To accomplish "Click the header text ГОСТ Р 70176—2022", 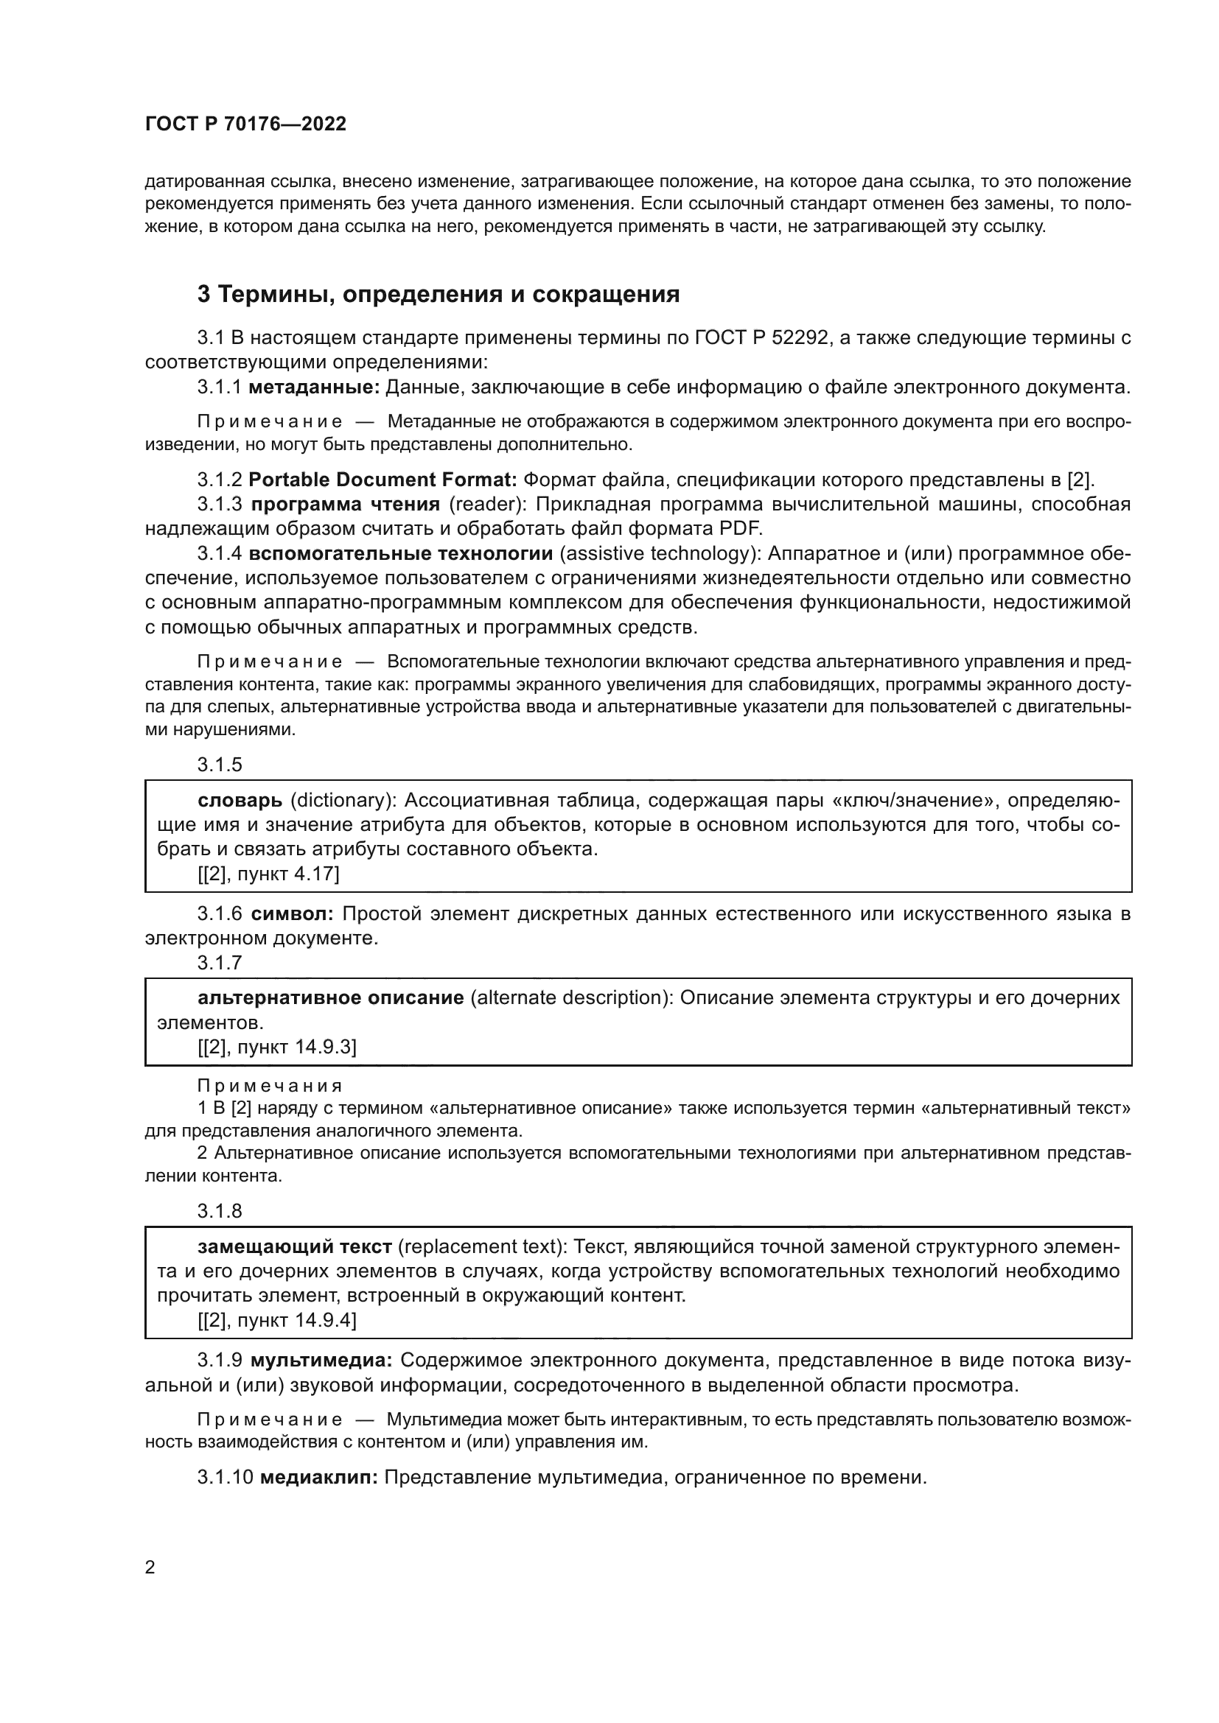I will pyautogui.click(x=245, y=124).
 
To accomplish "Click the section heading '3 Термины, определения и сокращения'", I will pyautogui.click(x=439, y=294).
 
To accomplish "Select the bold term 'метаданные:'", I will pyautogui.click(x=314, y=387).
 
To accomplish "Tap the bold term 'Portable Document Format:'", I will pyautogui.click(x=383, y=480).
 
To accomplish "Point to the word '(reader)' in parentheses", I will pyautogui.click(x=483, y=505).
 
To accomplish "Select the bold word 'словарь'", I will pyautogui.click(x=240, y=801).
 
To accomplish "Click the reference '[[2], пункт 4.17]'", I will pyautogui.click(x=268, y=874).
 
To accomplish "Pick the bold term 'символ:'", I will pyautogui.click(x=292, y=914).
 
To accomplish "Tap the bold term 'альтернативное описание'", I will pyautogui.click(x=330, y=998).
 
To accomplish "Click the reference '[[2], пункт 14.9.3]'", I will pyautogui.click(x=277, y=1047).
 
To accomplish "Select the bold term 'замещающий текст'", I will pyautogui.click(x=294, y=1247).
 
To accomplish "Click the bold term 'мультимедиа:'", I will pyautogui.click(x=322, y=1361).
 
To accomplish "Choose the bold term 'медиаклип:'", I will pyautogui.click(x=319, y=1478).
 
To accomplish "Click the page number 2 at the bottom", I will pyautogui.click(x=150, y=1568).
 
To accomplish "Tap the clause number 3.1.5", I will pyautogui.click(x=220, y=765).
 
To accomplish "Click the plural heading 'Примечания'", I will pyautogui.click(x=270, y=1086).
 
